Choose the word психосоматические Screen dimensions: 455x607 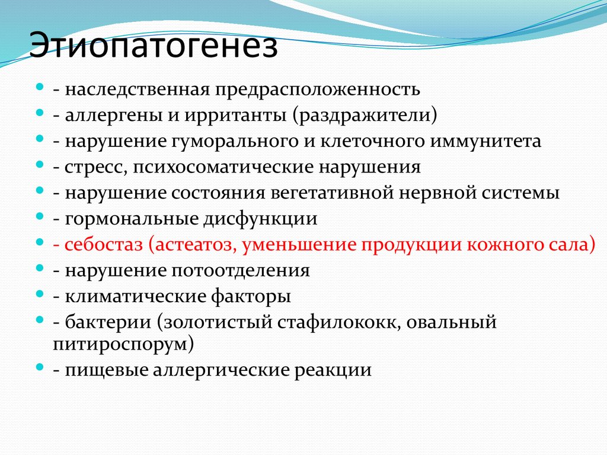pyautogui.click(x=223, y=167)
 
